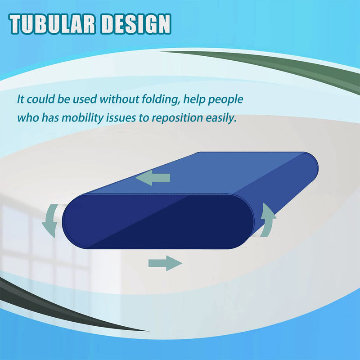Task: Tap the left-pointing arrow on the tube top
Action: [x=153, y=178]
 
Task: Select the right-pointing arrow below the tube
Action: [x=165, y=262]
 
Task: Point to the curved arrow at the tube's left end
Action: [x=50, y=220]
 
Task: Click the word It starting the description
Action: [x=21, y=99]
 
